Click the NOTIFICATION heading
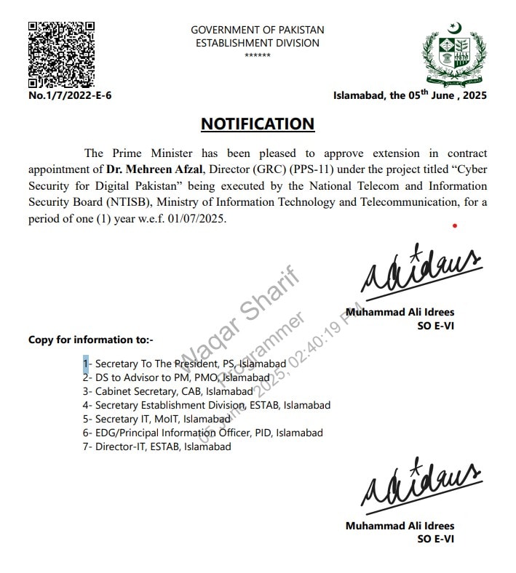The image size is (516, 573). [x=258, y=124]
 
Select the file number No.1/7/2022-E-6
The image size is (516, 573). [x=70, y=95]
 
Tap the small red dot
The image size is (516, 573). [x=455, y=226]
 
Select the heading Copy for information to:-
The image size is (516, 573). [x=91, y=340]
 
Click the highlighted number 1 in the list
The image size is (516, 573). [x=85, y=363]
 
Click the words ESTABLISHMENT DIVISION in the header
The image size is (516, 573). [x=258, y=43]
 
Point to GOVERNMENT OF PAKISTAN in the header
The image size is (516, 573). [x=258, y=30]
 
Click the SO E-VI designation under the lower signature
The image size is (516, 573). [x=436, y=539]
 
